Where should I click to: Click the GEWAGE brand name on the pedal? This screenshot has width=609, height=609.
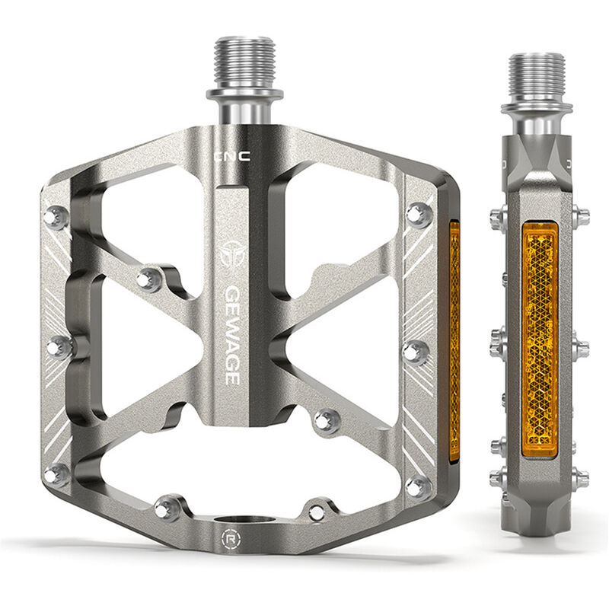233,336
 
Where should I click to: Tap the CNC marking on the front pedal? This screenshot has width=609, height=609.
233,157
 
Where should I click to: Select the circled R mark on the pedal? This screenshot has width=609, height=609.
231,539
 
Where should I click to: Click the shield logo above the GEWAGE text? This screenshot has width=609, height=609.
233,254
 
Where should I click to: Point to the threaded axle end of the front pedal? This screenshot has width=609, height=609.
244,62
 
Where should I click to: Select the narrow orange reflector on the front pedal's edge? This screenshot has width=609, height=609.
454,341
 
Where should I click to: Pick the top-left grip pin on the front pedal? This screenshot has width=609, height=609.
56,217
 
